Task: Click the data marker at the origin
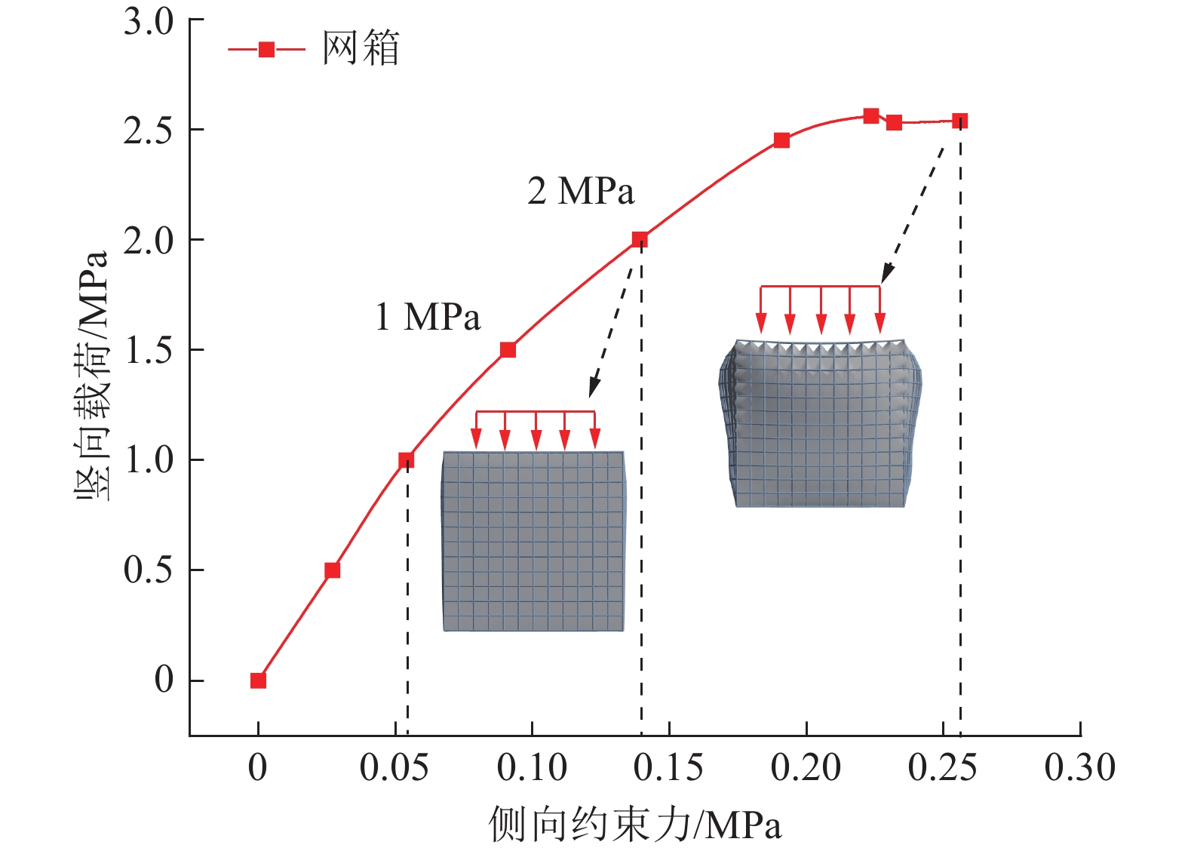click(258, 680)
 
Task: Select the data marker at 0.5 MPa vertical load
click(332, 570)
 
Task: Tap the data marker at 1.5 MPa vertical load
click(508, 350)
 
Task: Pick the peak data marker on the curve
click(871, 116)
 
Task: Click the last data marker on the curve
click(959, 121)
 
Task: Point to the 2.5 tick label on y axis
click(148, 131)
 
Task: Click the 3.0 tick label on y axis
click(148, 22)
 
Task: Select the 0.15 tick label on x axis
click(668, 768)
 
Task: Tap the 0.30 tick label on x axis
click(1079, 768)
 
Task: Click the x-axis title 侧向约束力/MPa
click(634, 824)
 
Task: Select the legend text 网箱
click(361, 49)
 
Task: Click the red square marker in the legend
click(266, 50)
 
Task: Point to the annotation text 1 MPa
click(427, 317)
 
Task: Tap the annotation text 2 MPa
click(581, 191)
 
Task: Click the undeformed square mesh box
click(533, 541)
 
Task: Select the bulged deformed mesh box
click(820, 422)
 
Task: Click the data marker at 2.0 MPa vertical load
click(640, 240)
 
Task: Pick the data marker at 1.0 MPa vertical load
click(406, 460)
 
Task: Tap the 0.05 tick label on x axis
click(394, 768)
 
